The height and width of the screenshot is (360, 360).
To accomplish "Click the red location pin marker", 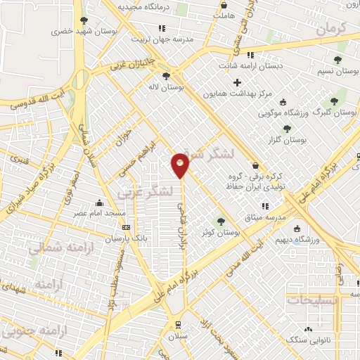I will point(180,165).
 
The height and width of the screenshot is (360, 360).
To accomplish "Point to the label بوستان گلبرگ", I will point(335,112).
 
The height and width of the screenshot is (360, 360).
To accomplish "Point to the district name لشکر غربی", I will point(161,191).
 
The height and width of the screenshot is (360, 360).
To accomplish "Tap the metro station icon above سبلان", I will point(179,324).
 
